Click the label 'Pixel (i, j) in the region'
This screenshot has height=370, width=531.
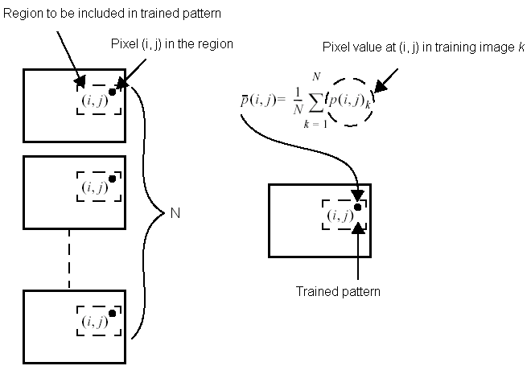pos(171,43)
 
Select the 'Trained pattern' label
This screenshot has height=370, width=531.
pos(337,291)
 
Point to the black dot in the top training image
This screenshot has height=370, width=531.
pos(112,90)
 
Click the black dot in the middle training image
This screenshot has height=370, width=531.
pos(112,179)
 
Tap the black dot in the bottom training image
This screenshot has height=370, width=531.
pos(112,312)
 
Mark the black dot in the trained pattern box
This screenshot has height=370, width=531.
pos(357,207)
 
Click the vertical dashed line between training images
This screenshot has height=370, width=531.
pos(68,257)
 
